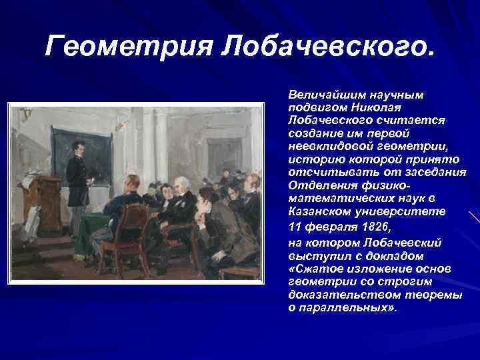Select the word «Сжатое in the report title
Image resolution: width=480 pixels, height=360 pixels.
coord(311,267)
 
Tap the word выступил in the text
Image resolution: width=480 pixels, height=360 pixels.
coord(313,256)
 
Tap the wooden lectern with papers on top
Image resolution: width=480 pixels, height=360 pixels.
coord(41,200)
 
